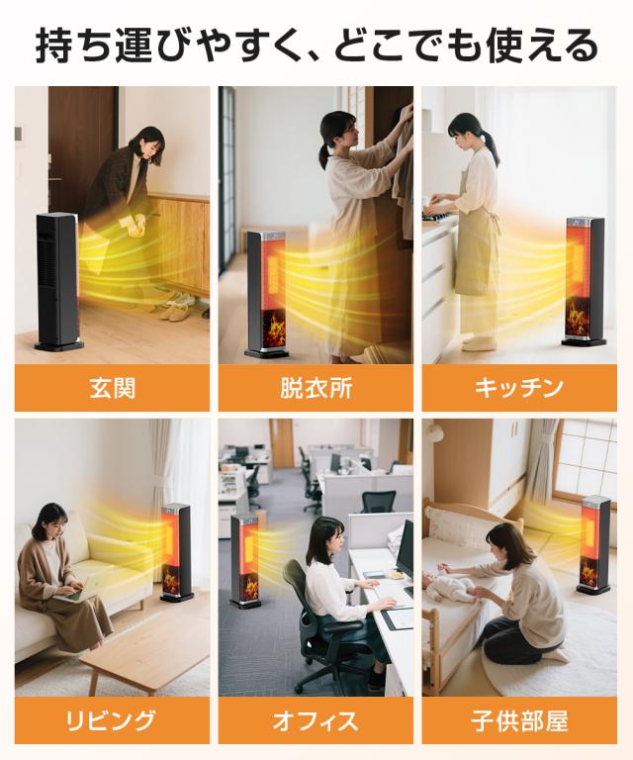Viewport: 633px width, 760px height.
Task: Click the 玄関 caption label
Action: click(x=113, y=388)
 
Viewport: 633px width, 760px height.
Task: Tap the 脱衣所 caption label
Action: click(x=316, y=388)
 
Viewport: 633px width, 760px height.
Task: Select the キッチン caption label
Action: click(x=518, y=388)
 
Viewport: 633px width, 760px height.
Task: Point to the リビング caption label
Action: click(x=111, y=720)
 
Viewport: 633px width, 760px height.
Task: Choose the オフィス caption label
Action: click(x=316, y=720)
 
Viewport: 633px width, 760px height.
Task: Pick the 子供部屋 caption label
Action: click(x=519, y=720)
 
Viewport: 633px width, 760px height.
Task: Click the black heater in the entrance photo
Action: click(x=57, y=282)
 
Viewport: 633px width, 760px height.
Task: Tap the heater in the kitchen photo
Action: click(x=585, y=281)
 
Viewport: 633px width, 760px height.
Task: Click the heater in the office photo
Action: click(x=246, y=561)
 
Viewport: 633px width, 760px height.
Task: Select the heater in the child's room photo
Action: click(x=594, y=544)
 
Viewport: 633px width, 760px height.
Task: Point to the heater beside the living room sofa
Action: click(x=176, y=552)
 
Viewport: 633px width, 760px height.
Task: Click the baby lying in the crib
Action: click(x=448, y=586)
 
